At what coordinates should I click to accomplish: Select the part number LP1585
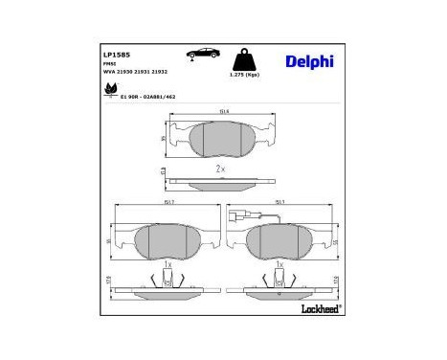(116, 55)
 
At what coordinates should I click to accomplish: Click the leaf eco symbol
(108, 91)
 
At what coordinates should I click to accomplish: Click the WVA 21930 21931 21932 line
(133, 72)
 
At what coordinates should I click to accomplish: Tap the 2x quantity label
(220, 169)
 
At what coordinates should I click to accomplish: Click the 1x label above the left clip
(168, 263)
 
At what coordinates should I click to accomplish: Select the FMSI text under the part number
(109, 64)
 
